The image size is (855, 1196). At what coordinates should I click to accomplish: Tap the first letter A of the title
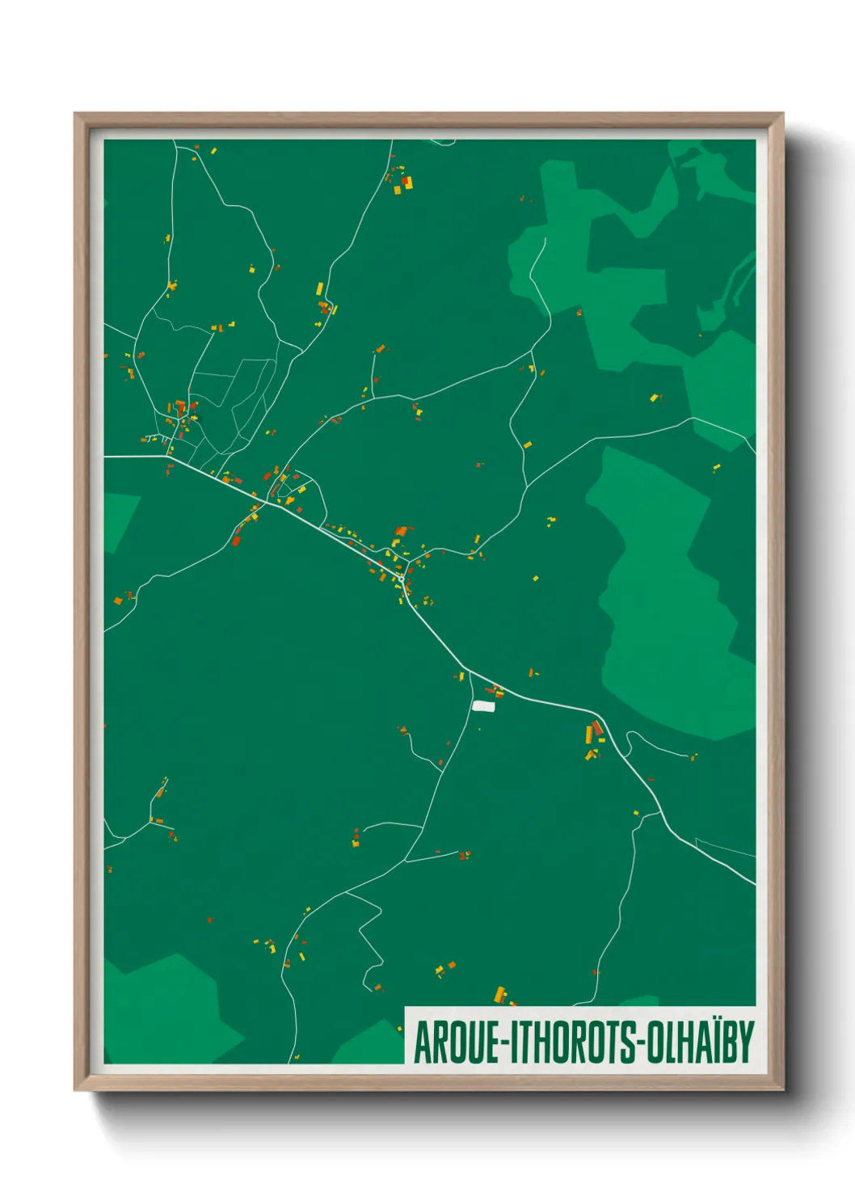pos(422,1042)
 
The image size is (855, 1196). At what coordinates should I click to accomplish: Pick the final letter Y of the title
pos(747,1042)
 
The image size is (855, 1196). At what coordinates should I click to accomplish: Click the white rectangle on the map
pos(483,706)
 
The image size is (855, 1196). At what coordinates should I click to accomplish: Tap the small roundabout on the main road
pos(401,579)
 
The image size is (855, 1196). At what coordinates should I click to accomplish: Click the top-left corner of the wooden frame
pos(75,114)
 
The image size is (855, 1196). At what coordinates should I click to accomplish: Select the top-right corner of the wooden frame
pos(782,114)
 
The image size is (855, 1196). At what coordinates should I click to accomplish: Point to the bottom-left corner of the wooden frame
pos(75,1090)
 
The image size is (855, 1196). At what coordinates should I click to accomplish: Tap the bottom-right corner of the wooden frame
pos(782,1090)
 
